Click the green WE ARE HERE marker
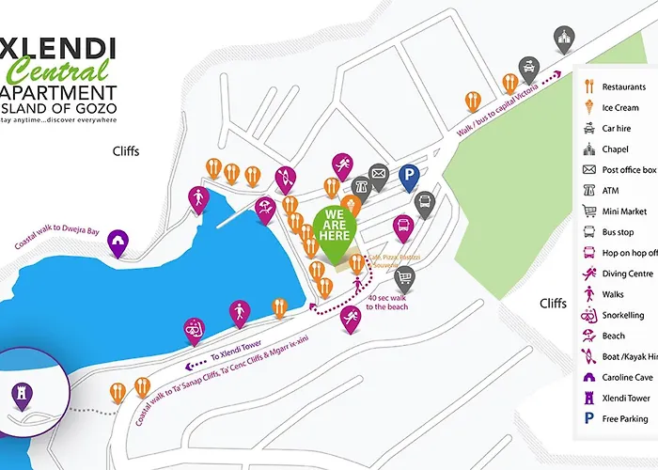click(x=336, y=225)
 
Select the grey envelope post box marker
click(x=378, y=174)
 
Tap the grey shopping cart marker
click(x=404, y=277)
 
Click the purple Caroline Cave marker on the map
click(x=117, y=242)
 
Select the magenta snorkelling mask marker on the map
click(x=193, y=329)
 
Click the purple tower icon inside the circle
click(x=18, y=393)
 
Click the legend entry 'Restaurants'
click(x=623, y=87)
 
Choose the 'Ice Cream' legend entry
click(x=620, y=108)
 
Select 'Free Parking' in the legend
click(x=624, y=418)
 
